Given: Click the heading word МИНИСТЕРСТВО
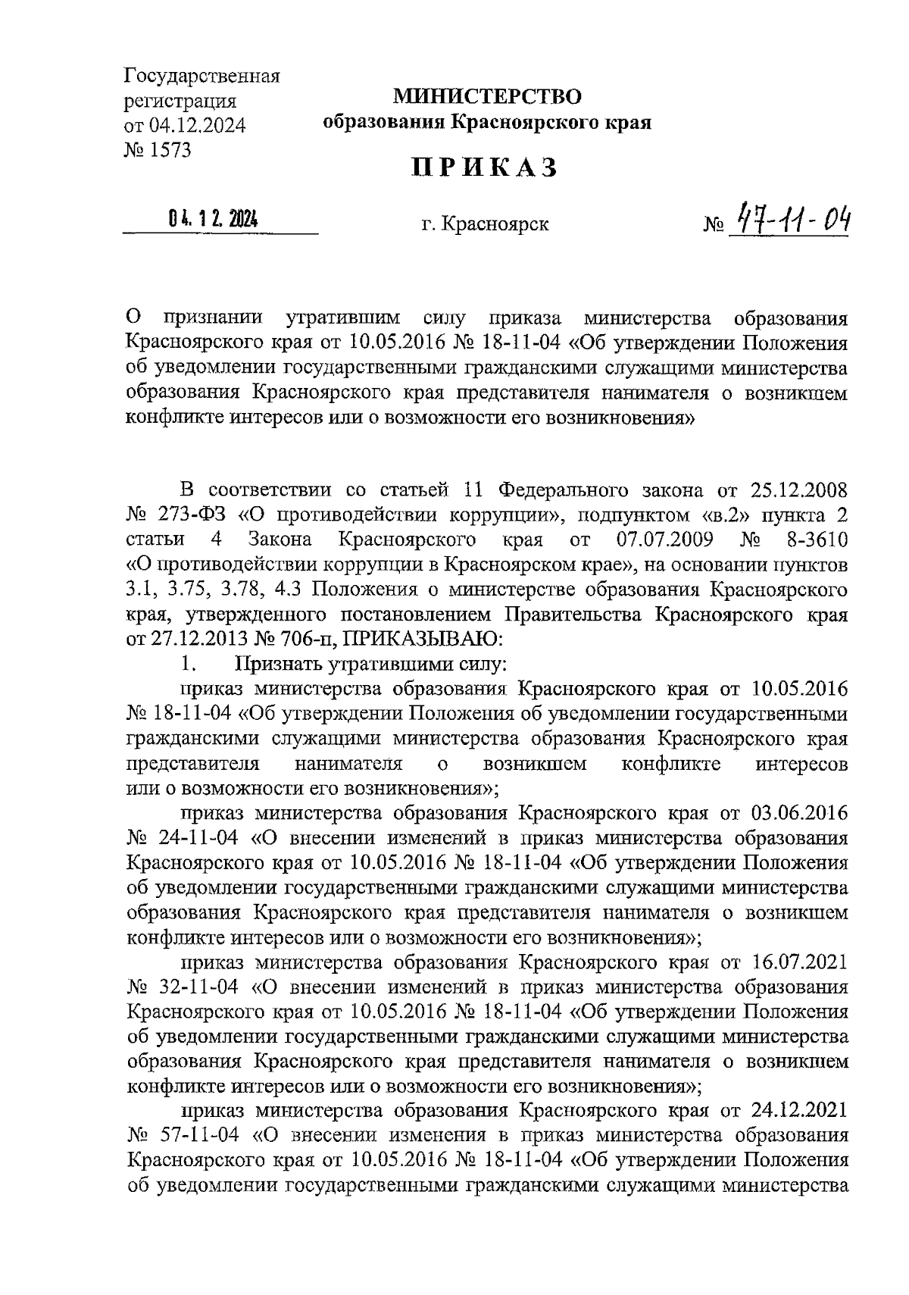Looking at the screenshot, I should coord(486,96).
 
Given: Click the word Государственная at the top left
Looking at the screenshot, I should coord(202,77).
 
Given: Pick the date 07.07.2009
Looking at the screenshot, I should coord(656,540).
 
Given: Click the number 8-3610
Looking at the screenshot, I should coord(812,540).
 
